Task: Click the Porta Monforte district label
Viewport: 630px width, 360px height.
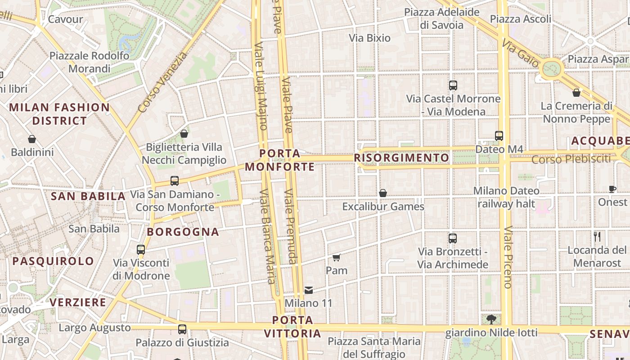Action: [279, 160]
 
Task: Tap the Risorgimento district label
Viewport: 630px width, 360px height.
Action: [401, 157]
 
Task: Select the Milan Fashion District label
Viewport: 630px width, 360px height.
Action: [59, 114]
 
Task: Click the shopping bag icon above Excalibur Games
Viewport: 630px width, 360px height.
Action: [383, 193]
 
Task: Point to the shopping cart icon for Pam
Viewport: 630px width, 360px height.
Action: [336, 258]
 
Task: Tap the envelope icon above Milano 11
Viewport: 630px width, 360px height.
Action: [309, 290]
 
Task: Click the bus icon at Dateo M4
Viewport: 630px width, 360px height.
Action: [499, 135]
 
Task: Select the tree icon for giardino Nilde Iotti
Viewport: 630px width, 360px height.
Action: [491, 319]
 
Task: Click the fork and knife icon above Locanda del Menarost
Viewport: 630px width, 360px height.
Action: [597, 237]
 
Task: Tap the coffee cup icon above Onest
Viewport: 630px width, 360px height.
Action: [612, 189]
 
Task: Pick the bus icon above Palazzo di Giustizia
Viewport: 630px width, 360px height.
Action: [182, 329]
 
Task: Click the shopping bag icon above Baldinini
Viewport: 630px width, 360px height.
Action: [32, 139]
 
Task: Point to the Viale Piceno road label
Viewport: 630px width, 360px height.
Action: [508, 257]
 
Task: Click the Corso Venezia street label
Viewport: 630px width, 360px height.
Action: [162, 82]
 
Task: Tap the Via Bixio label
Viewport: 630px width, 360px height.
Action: [369, 38]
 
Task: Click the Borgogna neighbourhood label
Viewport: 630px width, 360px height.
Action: [183, 232]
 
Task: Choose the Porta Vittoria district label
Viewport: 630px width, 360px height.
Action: [292, 327]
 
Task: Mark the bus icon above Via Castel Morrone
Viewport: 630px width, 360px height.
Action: [453, 85]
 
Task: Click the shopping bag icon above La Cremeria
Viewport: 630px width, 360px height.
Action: [576, 93]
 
